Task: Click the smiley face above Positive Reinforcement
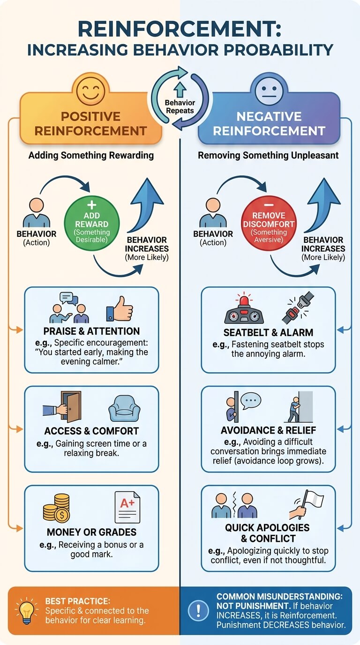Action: click(x=91, y=91)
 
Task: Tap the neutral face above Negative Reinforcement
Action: click(x=269, y=90)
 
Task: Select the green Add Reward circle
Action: click(x=91, y=223)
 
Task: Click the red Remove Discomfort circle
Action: click(x=269, y=223)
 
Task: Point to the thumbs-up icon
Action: click(x=120, y=309)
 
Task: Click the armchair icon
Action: click(x=124, y=408)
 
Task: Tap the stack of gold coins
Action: click(x=56, y=508)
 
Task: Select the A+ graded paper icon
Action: click(x=127, y=507)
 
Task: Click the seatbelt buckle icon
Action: click(x=297, y=307)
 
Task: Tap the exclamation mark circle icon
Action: click(x=198, y=610)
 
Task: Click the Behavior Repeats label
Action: click(x=180, y=106)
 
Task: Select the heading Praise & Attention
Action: click(x=91, y=331)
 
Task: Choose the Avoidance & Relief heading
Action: click(x=269, y=430)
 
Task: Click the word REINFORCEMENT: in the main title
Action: click(x=180, y=29)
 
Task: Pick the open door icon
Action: click(x=62, y=406)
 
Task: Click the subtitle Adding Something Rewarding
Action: click(x=91, y=156)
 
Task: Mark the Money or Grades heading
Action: click(x=91, y=532)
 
